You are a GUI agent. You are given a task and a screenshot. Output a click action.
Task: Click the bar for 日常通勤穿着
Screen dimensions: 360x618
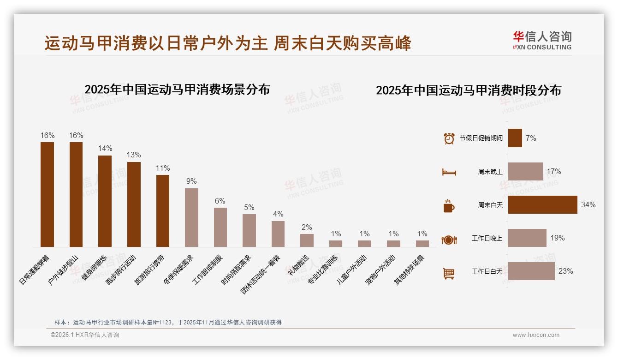click(47, 194)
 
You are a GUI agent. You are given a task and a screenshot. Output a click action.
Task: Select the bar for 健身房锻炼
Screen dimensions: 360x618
click(105, 201)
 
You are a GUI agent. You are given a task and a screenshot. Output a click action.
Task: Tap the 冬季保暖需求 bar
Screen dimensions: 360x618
click(191, 217)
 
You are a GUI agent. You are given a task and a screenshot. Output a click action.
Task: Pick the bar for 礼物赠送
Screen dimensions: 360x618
click(307, 240)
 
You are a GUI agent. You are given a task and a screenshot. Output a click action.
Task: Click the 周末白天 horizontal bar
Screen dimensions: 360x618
click(542, 205)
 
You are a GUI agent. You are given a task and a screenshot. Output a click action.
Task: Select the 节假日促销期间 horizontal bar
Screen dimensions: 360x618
click(515, 138)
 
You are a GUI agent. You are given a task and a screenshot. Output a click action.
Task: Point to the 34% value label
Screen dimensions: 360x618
click(588, 205)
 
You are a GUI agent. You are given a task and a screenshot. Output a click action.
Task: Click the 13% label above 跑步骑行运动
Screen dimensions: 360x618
click(134, 155)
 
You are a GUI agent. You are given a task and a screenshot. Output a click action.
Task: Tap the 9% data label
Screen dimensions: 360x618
click(191, 181)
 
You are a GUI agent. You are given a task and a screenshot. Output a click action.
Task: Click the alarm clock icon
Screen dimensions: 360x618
click(449, 138)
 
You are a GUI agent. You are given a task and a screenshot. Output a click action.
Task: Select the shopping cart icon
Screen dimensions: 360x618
click(449, 273)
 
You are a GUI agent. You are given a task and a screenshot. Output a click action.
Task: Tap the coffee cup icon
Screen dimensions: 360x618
click(449, 206)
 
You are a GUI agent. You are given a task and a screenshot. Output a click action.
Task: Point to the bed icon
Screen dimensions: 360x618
click(449, 172)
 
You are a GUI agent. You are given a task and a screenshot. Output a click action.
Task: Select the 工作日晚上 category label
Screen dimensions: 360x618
click(487, 238)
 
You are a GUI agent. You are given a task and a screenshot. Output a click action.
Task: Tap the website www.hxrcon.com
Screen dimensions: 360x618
click(536, 335)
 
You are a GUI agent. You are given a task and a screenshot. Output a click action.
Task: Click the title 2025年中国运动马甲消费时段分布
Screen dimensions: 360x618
click(469, 90)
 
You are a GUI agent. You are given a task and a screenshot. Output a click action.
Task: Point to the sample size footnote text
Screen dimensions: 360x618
click(168, 323)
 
